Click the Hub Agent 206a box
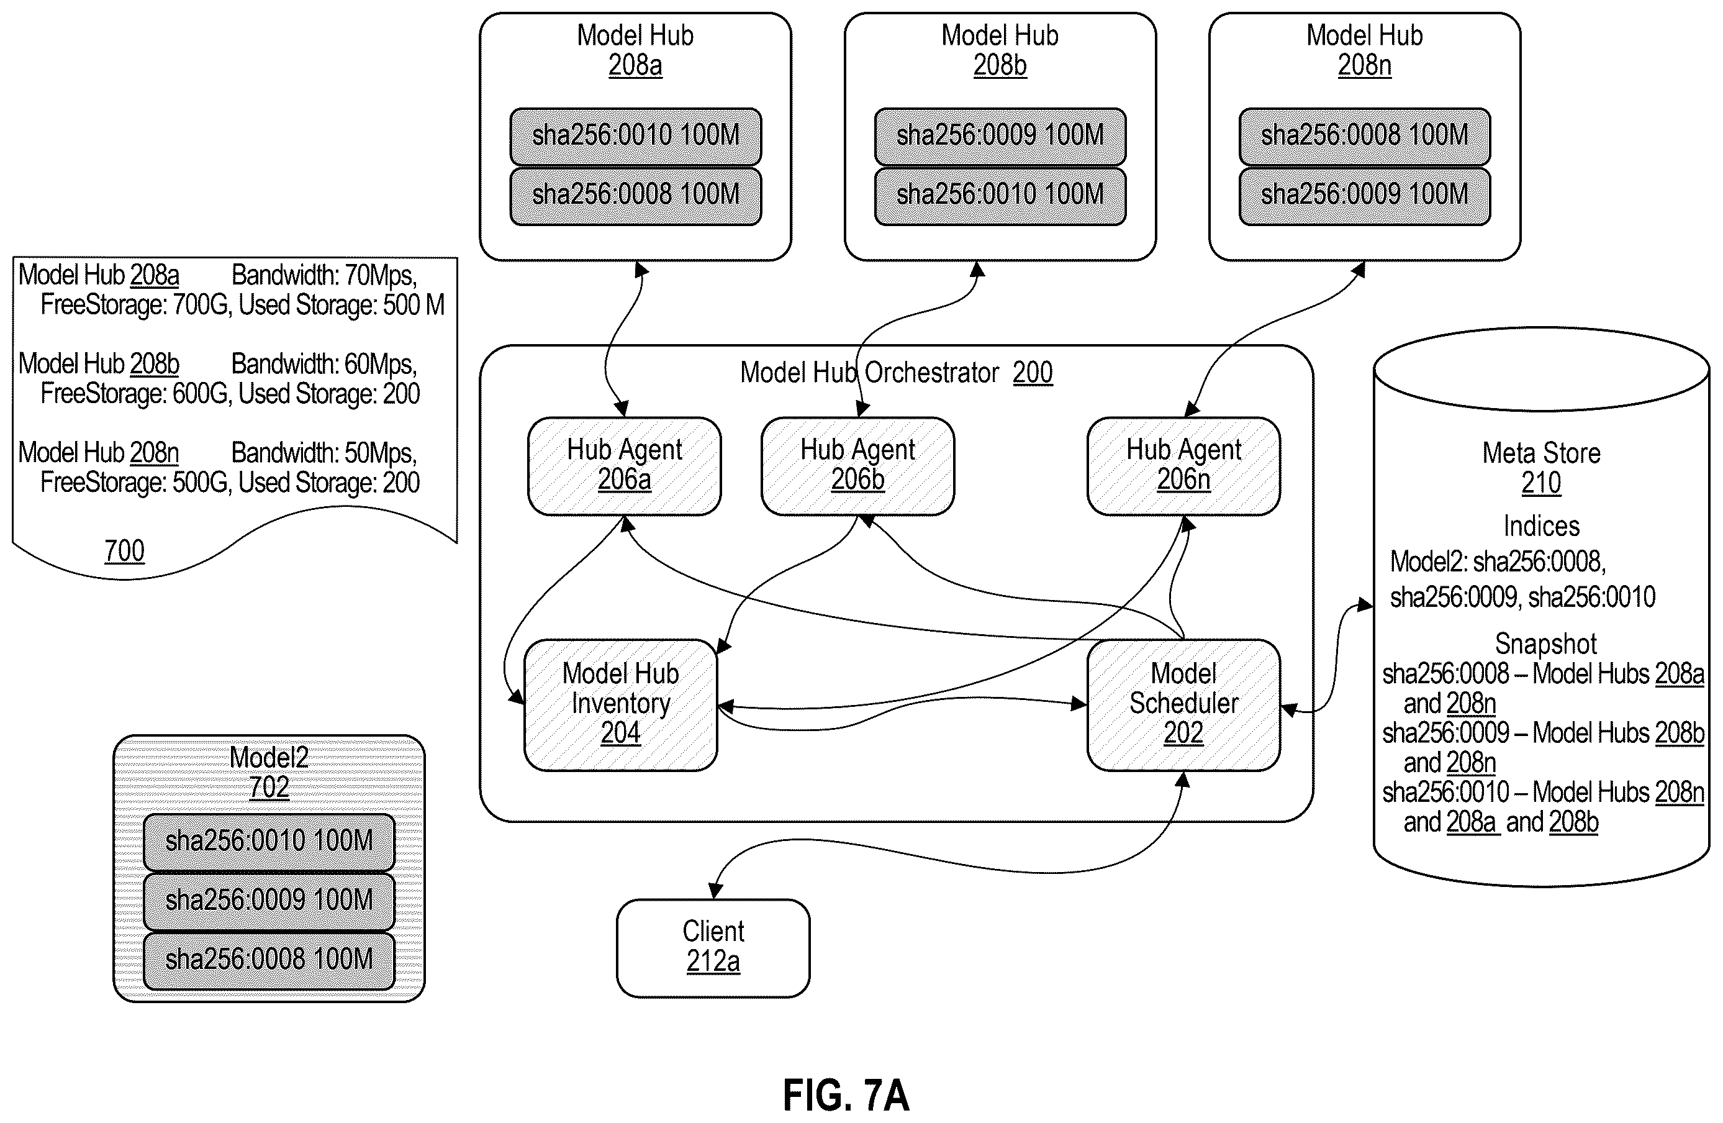click(x=624, y=466)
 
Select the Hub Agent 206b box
click(x=858, y=466)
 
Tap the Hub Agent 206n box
click(x=1183, y=466)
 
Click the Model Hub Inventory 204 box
click(x=620, y=704)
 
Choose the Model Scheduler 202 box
click(x=1183, y=704)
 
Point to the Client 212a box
click(x=713, y=948)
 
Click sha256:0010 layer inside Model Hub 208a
click(x=636, y=136)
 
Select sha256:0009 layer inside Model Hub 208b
click(x=1000, y=136)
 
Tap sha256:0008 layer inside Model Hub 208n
click(x=1365, y=136)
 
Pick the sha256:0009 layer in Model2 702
click(x=269, y=901)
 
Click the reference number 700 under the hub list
click(x=125, y=551)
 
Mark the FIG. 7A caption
click(x=846, y=1095)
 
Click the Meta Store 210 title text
click(x=1541, y=467)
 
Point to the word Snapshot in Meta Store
click(x=1545, y=643)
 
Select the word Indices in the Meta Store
click(x=1541, y=525)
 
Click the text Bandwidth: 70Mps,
click(x=324, y=275)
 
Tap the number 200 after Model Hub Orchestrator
click(x=1033, y=372)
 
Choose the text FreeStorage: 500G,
click(x=136, y=482)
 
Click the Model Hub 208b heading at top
click(x=1000, y=50)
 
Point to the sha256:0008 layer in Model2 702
click(x=269, y=960)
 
